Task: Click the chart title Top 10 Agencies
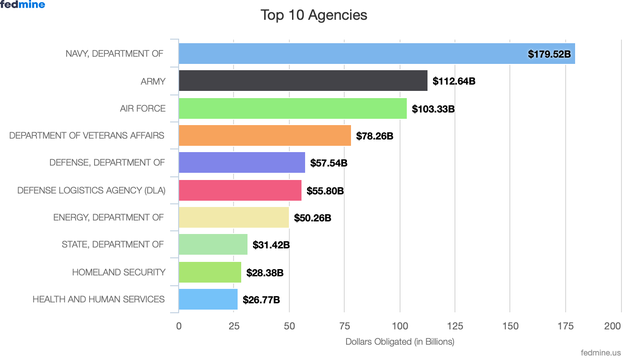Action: coord(314,15)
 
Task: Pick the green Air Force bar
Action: coord(292,108)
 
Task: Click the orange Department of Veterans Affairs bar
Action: coord(265,135)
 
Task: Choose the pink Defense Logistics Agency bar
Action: coord(240,190)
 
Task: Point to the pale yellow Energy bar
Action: coord(234,218)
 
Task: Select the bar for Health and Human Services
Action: coord(208,299)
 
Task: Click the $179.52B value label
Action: coord(549,54)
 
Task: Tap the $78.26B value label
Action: coord(374,136)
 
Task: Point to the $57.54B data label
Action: coord(328,163)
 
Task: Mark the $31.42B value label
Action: coord(271,245)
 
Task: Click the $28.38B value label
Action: coord(265,273)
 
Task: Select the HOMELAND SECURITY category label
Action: coord(119,272)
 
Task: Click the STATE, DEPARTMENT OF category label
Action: coord(112,245)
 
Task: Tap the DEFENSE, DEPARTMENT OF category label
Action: coord(107,162)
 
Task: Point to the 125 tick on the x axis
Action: coord(455,326)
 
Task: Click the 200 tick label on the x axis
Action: coord(612,326)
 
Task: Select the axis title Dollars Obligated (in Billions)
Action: coord(400,342)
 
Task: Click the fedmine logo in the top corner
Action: coord(23,5)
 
